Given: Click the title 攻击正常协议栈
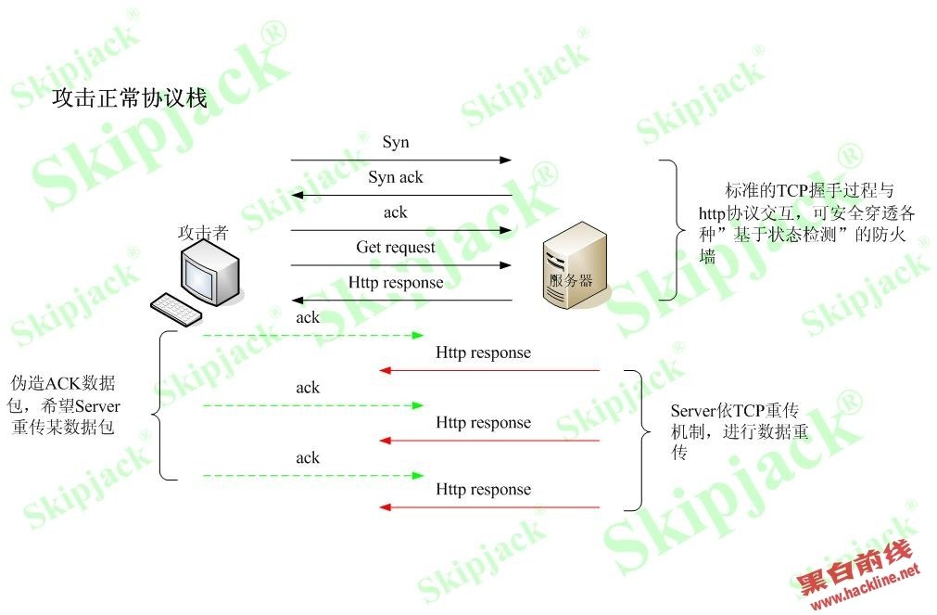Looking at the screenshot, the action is [x=130, y=98].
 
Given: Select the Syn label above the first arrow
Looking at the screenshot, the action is [x=396, y=142].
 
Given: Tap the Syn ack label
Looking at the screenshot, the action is [x=396, y=177].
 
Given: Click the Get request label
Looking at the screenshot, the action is [x=396, y=247].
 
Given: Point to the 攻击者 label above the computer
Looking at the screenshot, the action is [x=203, y=233].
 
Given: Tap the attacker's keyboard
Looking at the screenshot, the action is [x=176, y=309].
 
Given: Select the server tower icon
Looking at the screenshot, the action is [x=575, y=265].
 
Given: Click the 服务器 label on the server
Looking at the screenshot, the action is [x=571, y=280].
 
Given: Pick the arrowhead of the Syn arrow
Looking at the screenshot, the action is [x=506, y=160].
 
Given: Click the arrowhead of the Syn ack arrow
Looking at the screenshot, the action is [x=297, y=195].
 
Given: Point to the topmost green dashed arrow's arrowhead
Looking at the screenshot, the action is [x=418, y=336].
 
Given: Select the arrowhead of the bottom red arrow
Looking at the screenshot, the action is [x=386, y=507].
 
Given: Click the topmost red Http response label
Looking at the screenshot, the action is [x=483, y=352].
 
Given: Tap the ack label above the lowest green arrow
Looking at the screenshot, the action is [x=308, y=457].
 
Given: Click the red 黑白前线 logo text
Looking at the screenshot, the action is [x=855, y=567].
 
